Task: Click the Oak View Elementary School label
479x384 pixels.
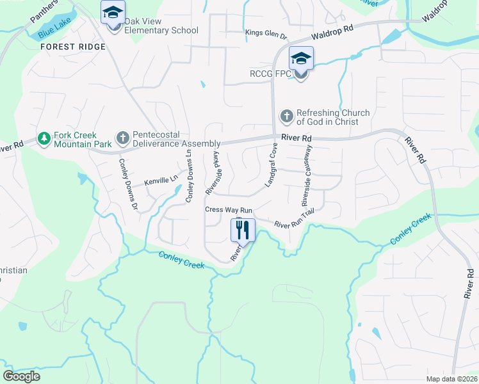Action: [161, 26]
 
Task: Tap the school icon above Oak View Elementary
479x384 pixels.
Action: [113, 12]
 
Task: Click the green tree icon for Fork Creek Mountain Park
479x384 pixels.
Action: [44, 138]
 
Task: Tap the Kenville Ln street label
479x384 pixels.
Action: [161, 182]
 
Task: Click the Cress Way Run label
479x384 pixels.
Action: [229, 210]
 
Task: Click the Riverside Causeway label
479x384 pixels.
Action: [306, 175]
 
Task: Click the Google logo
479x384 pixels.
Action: [21, 376]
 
